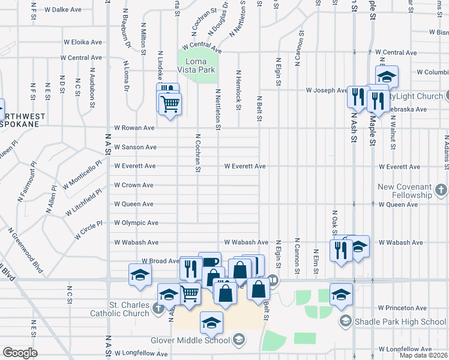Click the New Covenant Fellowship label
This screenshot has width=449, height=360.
coord(405,191)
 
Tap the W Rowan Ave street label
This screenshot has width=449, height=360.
coord(134,128)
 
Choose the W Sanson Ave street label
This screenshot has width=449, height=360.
coord(135,147)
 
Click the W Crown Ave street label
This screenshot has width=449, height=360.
coord(134,185)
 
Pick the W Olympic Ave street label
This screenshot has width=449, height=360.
coord(136,223)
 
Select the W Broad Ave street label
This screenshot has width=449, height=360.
coord(160,261)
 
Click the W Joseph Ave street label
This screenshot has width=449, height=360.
coord(327,91)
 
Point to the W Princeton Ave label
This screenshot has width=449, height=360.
coord(402,308)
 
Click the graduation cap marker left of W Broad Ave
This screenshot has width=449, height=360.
coord(140,275)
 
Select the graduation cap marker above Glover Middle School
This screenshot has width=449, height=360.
coord(211,323)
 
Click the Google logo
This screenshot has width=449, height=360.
coord(20,353)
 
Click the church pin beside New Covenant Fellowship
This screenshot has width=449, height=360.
coord(441,191)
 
